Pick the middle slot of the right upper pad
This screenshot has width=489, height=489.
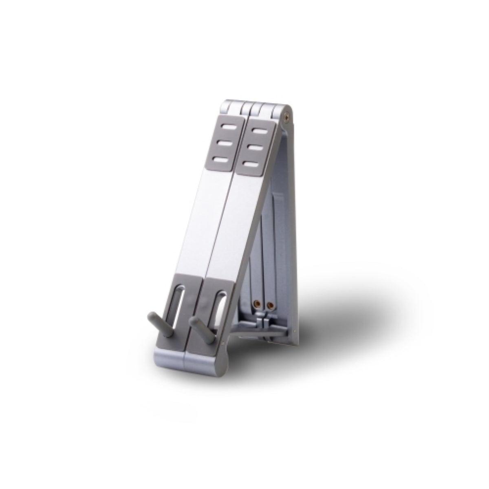tap(258, 148)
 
